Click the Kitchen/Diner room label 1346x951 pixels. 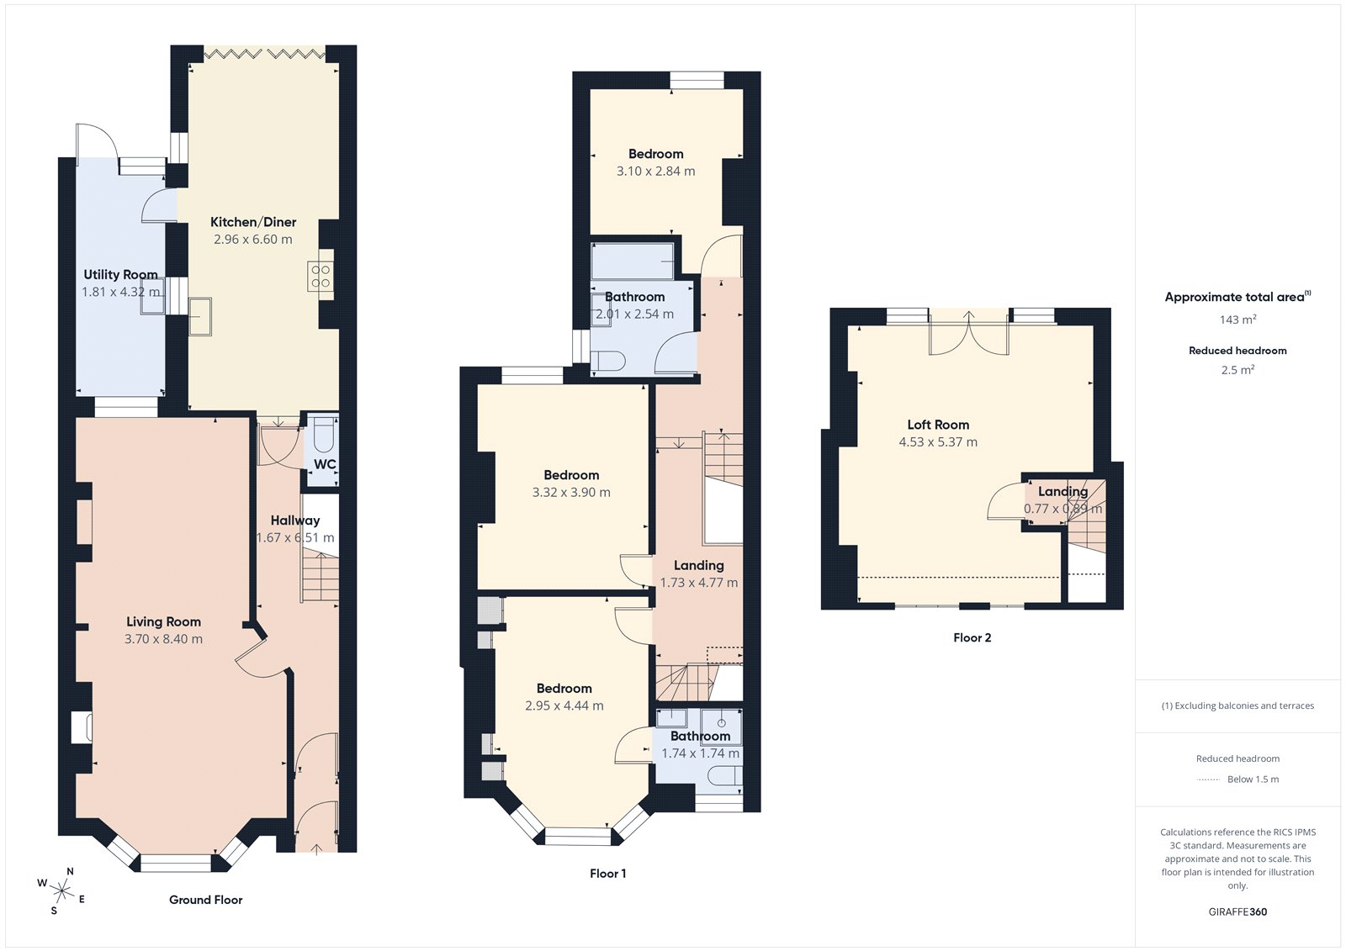(253, 222)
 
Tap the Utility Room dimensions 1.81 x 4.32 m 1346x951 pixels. (120, 292)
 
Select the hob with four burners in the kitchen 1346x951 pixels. (321, 277)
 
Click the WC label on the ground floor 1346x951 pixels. (325, 464)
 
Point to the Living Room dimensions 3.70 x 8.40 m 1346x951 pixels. (163, 639)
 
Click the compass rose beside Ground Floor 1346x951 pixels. (61, 890)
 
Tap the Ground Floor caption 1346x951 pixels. (205, 900)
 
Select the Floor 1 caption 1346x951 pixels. (607, 874)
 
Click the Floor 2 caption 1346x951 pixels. (972, 637)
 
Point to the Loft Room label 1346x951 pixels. (938, 425)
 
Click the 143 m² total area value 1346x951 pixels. (1237, 320)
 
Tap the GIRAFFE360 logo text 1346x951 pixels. (1237, 911)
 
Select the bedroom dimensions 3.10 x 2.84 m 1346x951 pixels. (655, 171)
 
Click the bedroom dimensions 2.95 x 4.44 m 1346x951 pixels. (564, 706)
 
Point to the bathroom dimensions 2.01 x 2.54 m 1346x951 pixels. (634, 314)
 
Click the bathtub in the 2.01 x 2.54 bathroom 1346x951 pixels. (633, 262)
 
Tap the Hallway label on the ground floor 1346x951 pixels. (294, 520)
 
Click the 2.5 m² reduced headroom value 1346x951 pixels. (1237, 370)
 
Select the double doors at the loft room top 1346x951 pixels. (968, 333)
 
